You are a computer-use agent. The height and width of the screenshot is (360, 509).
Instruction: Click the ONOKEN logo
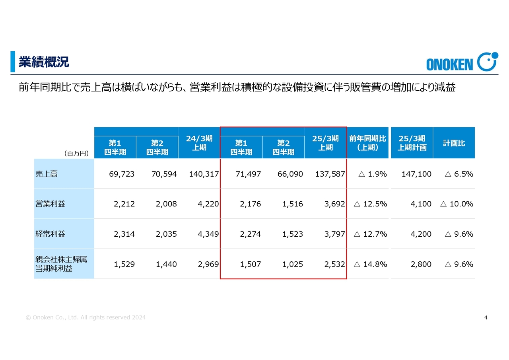point(462,62)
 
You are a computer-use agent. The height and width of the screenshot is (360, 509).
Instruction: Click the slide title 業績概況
point(44,62)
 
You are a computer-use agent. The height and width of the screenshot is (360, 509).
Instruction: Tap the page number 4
point(486,317)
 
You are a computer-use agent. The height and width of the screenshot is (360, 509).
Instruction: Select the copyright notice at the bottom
point(85,317)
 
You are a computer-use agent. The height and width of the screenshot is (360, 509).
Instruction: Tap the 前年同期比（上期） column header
point(368,143)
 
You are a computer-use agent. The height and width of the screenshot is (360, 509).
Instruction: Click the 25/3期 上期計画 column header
point(412,143)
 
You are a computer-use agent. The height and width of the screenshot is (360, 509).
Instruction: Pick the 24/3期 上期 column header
point(199,143)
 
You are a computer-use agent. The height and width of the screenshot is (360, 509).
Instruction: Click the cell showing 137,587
point(330,174)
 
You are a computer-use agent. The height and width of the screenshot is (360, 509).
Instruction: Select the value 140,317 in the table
point(204,174)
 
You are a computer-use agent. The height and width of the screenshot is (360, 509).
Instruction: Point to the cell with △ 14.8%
point(370,264)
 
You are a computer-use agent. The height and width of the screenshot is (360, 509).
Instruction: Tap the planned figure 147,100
point(416,174)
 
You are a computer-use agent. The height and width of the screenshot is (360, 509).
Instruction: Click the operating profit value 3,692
point(334,204)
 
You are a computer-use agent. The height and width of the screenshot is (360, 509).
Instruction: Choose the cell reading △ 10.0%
point(457,204)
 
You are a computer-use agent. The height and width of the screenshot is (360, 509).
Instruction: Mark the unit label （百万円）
point(76,153)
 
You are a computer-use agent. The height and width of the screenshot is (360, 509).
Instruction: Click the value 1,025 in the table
point(292,264)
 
